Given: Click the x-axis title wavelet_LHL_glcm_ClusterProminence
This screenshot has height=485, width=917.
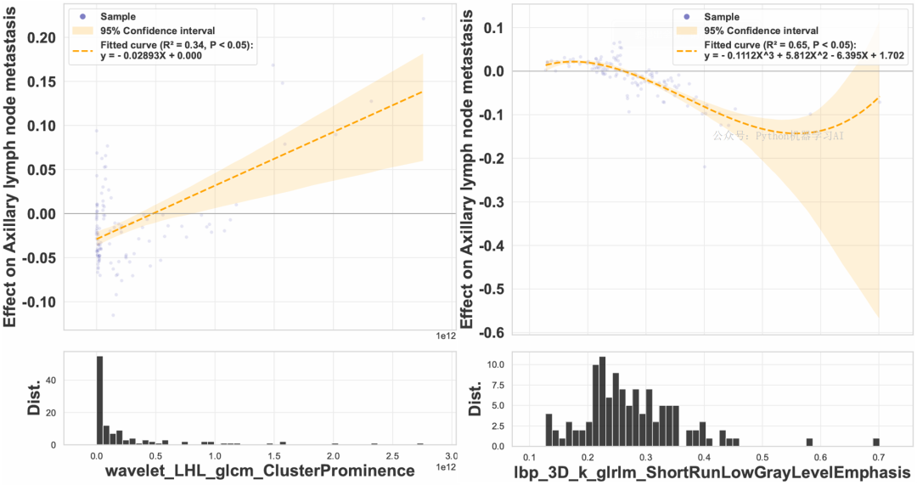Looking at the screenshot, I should point(258,471).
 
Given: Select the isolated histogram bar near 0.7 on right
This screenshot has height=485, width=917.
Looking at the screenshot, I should point(875,442).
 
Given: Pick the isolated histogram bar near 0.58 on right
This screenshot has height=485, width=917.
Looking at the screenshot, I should point(809,442).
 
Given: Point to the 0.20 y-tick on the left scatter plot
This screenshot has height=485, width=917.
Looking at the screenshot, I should point(43,37).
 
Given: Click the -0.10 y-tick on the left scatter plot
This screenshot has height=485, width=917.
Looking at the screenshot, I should point(42,302).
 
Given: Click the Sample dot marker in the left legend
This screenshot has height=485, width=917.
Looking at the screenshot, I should point(82,17).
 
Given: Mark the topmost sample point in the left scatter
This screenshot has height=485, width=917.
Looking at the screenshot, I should point(423,19).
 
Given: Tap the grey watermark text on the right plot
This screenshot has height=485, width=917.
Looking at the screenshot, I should point(777,135).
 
